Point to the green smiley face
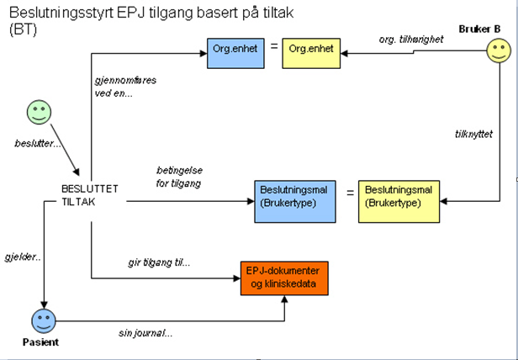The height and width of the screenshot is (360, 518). pos(39,112)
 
